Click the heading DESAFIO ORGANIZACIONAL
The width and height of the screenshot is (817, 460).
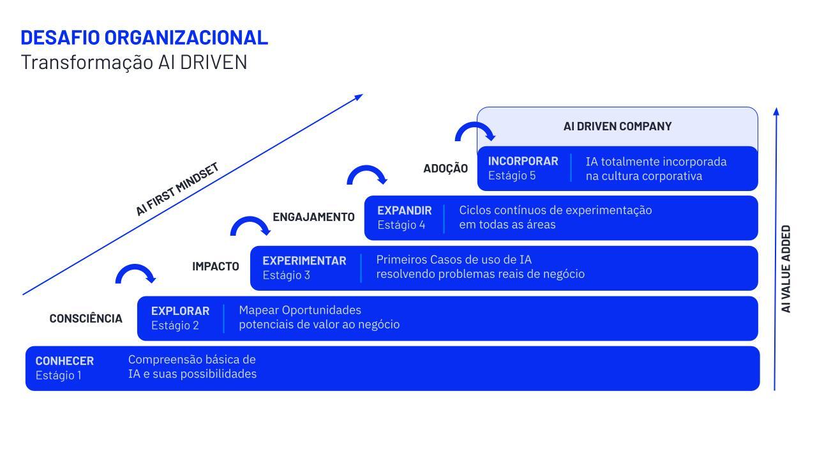click(x=144, y=38)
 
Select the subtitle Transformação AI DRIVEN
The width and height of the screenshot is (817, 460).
click(x=134, y=63)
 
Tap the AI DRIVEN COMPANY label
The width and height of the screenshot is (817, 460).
click(x=617, y=126)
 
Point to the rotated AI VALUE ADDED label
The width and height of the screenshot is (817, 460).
click(x=786, y=268)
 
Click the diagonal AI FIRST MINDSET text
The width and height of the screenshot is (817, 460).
click(x=177, y=189)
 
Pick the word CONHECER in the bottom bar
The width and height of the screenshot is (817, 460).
click(x=64, y=361)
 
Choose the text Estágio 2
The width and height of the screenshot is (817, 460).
click(x=175, y=325)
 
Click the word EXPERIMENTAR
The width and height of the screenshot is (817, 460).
click(x=304, y=261)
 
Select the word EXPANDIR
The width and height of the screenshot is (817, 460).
click(x=404, y=210)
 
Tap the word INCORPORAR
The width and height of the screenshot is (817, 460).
click(x=523, y=161)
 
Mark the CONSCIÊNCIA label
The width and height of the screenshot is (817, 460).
click(x=86, y=318)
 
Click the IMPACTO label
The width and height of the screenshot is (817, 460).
click(x=216, y=266)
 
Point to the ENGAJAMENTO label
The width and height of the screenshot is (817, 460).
click(x=313, y=217)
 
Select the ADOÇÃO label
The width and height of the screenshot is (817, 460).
click(x=446, y=169)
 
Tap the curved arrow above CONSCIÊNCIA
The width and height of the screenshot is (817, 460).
click(x=135, y=273)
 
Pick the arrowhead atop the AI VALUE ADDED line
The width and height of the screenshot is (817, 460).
click(x=776, y=111)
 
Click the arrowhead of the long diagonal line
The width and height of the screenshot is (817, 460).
click(x=358, y=97)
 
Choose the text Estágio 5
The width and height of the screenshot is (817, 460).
click(x=512, y=176)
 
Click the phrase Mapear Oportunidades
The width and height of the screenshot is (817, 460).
click(x=300, y=310)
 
